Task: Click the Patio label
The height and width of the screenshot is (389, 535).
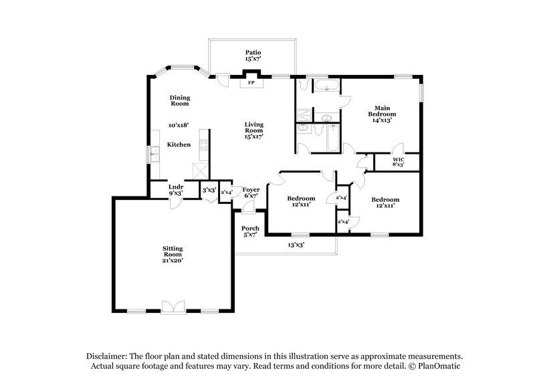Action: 252,51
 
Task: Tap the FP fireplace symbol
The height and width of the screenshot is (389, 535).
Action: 252,84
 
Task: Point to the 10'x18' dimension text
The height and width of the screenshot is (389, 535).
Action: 179,125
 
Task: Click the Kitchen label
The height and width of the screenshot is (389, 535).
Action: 179,144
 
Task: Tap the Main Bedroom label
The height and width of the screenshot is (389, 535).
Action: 382,111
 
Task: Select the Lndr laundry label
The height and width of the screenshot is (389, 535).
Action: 176,187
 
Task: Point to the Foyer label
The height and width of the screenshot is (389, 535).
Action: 251,189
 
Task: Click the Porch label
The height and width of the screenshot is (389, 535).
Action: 251,228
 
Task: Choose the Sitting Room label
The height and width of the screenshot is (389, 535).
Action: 173,252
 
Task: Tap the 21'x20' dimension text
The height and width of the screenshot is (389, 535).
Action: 173,261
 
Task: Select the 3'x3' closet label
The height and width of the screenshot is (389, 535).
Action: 209,190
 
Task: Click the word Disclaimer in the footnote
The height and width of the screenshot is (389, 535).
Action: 110,357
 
